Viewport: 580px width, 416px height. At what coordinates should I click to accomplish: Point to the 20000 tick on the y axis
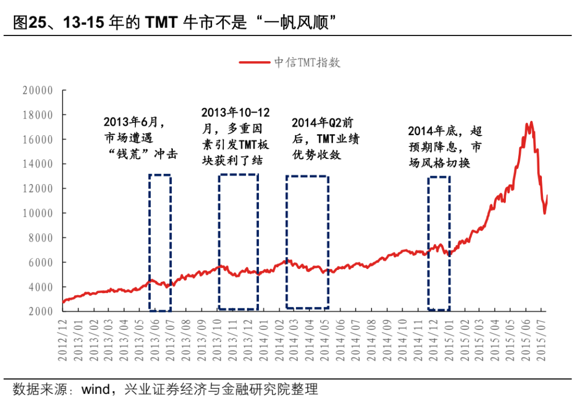point(38,91)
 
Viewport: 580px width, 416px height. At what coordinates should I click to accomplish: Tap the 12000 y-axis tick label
point(38,189)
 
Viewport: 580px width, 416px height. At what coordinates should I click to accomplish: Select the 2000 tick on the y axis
point(41,311)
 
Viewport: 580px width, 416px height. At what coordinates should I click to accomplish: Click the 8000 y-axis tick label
point(41,238)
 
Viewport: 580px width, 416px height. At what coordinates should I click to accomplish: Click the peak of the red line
point(531,122)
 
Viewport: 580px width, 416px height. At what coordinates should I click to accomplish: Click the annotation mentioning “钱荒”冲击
point(141,138)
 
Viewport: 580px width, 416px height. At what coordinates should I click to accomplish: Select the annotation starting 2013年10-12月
point(236,136)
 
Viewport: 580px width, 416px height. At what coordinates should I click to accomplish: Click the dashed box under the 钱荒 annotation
point(160,243)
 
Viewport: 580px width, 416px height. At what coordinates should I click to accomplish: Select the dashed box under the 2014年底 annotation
point(439,243)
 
